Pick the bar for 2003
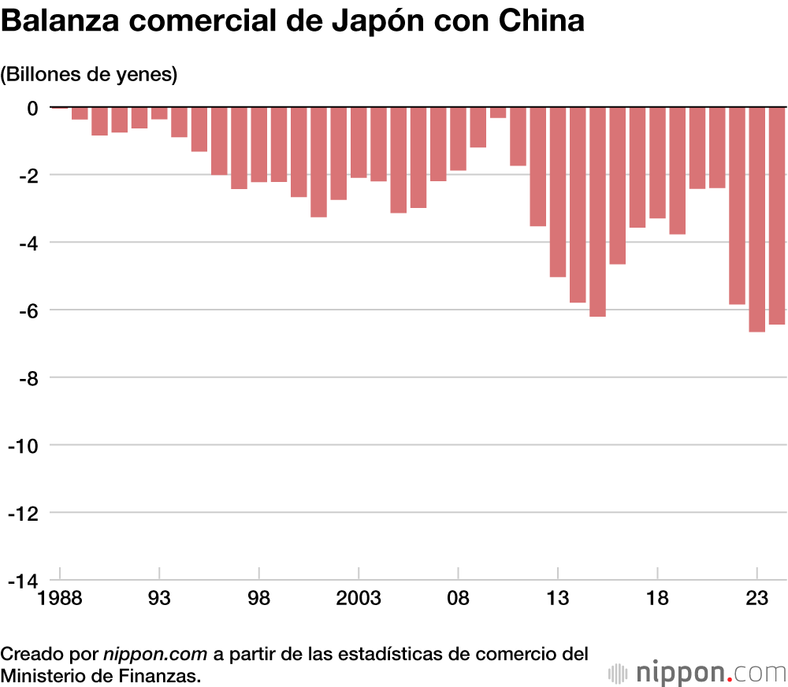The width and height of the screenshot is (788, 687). pos(359,142)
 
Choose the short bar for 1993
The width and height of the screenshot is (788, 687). pos(159,113)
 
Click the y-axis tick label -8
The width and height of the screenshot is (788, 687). pos(27,377)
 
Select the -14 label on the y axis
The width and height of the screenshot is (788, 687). pos(23,581)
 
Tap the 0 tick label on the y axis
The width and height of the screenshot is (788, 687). pos(32,107)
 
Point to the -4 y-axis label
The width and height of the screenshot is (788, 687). pos(27,242)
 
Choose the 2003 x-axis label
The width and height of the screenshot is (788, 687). pos(359,598)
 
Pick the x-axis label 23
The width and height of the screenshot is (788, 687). pos(756,598)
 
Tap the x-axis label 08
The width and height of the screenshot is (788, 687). pos(458,598)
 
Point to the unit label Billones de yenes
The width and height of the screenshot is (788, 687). pos(89,75)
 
